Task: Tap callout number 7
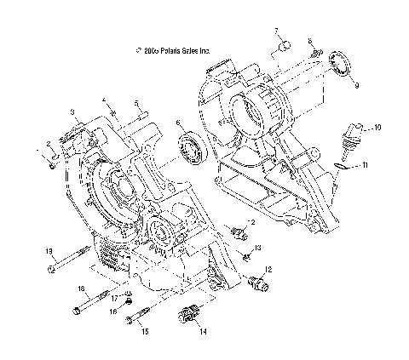tap(277, 31)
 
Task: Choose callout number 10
tap(378, 127)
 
